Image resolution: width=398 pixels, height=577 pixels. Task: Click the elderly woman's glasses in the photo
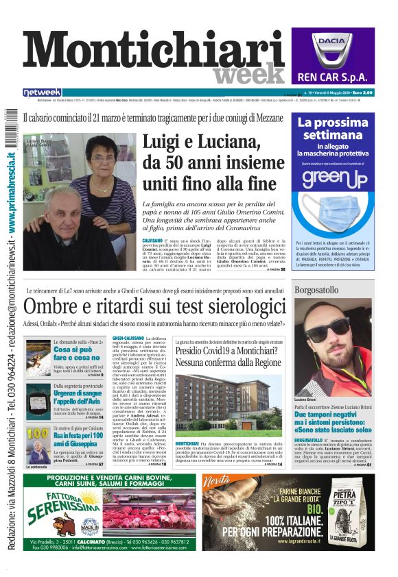coord(103,159)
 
